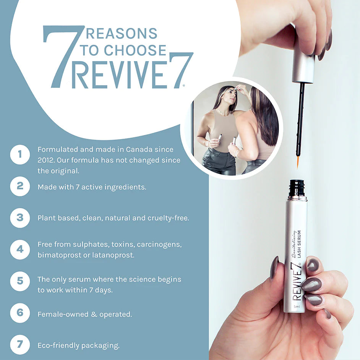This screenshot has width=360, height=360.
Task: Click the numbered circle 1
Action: [x=20, y=155]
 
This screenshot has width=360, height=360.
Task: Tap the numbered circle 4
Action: [x=20, y=249]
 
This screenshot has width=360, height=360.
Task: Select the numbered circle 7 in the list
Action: [x=20, y=345]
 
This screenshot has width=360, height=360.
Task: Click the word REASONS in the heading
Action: [x=122, y=34]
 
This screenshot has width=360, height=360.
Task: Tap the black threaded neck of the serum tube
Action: [x=297, y=188]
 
